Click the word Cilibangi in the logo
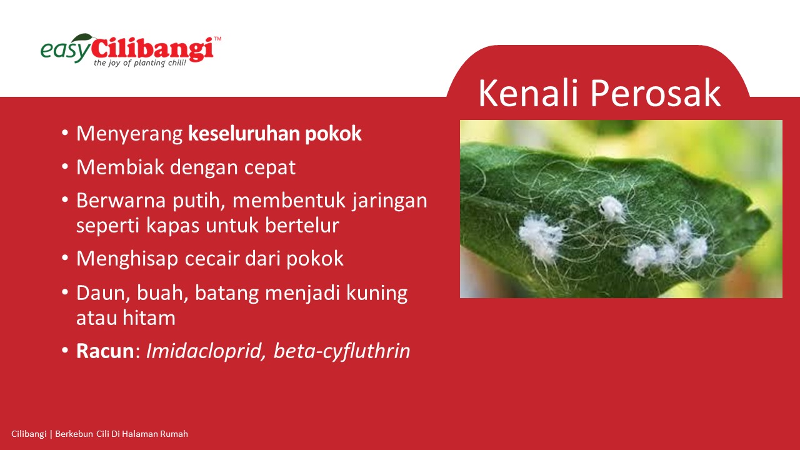pos(152,49)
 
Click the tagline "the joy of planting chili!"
pos(140,63)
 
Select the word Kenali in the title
pos(528,93)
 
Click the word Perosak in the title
pos(656,93)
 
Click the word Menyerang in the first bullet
pos(129,134)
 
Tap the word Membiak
pos(120,167)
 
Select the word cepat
pos(269,168)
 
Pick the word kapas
pos(172,226)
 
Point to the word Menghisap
pos(127,259)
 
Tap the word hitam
pos(149,317)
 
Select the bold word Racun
pos(105,351)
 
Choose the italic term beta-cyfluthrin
pos(342,352)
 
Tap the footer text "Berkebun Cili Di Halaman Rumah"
pos(121,434)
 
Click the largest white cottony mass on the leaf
pos(541,236)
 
